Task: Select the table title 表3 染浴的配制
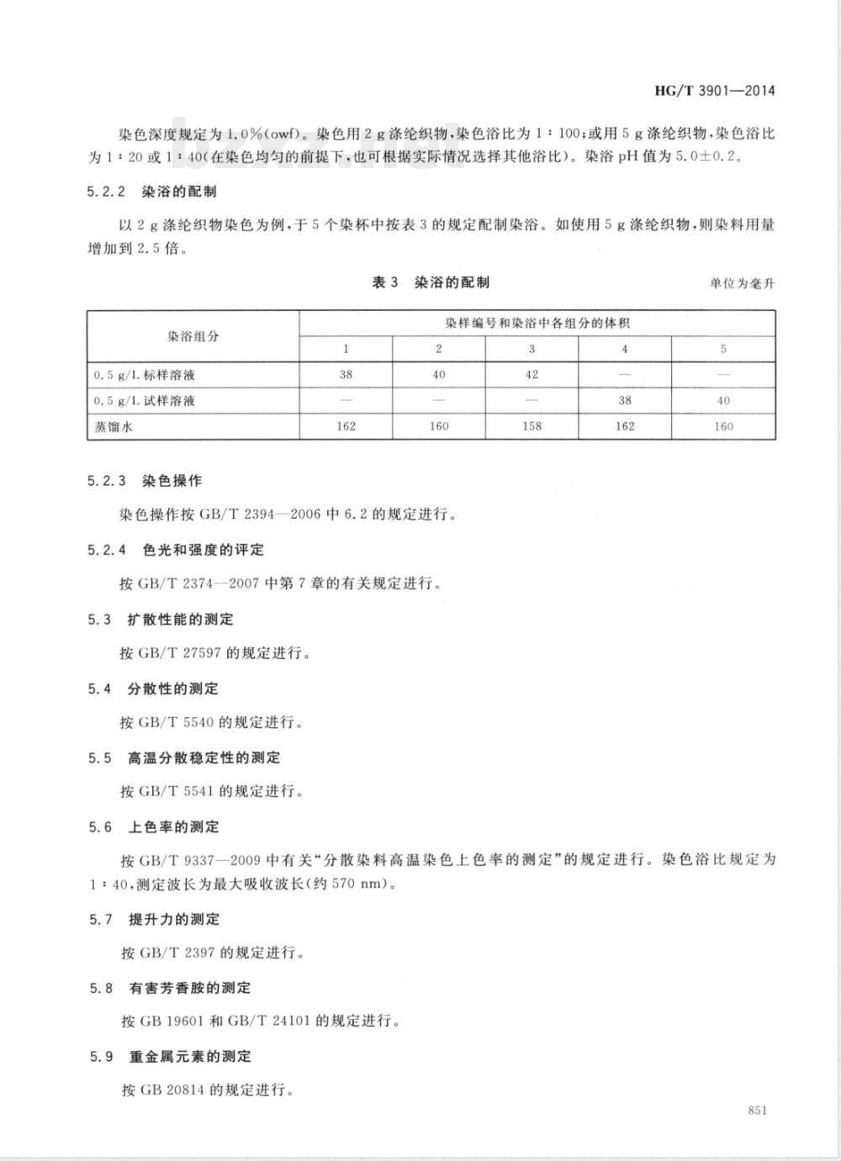tap(431, 282)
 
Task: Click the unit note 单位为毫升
tap(742, 283)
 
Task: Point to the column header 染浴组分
tap(193, 336)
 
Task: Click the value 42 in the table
tap(532, 375)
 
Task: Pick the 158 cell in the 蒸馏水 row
tap(532, 426)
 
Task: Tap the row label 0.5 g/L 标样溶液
tap(144, 375)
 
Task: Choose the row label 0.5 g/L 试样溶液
tap(144, 401)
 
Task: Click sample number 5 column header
tap(723, 349)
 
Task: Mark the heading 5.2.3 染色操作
tap(145, 481)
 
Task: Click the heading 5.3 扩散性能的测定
tap(161, 620)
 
